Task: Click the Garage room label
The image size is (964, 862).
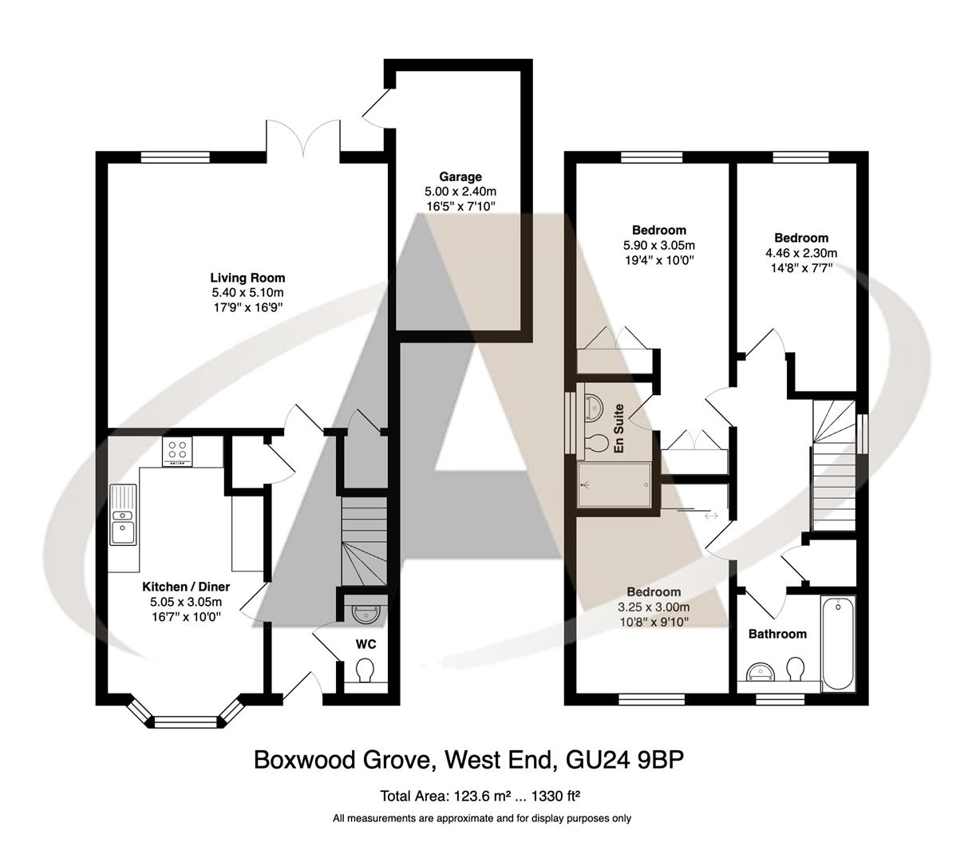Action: click(x=460, y=176)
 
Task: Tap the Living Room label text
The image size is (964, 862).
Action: click(x=247, y=278)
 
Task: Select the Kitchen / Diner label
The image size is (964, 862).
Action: click(x=186, y=587)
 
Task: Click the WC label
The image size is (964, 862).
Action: click(x=366, y=643)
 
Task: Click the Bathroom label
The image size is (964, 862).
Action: click(x=776, y=634)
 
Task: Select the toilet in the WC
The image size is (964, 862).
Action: click(x=365, y=670)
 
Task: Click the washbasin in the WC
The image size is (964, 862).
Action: click(x=366, y=613)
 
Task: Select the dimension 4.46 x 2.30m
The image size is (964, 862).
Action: click(x=800, y=253)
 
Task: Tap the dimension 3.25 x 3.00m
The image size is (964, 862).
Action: click(x=653, y=607)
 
